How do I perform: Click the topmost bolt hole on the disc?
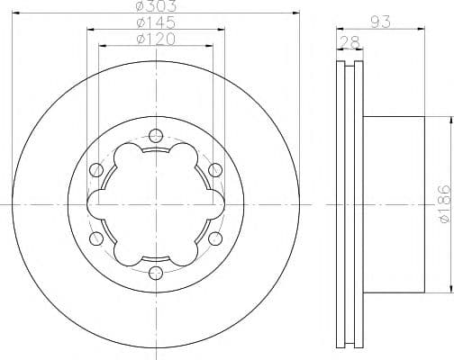[x=156, y=137]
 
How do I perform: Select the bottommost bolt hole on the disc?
[x=156, y=272]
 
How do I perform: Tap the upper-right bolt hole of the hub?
[x=214, y=170]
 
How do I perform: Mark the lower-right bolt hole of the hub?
[x=214, y=238]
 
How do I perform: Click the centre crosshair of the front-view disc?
[x=156, y=204]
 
